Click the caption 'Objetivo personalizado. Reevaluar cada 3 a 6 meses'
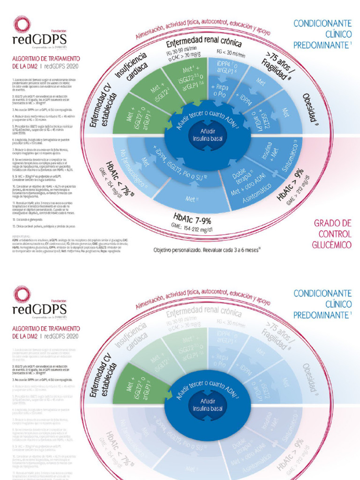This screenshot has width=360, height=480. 207,250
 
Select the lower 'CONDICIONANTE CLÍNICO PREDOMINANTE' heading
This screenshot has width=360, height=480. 322,304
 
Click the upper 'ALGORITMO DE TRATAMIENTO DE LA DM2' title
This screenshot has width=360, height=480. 45,62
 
